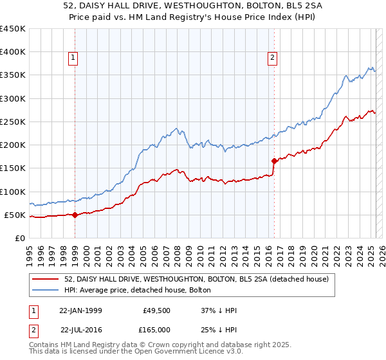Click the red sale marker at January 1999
(x=75, y=215)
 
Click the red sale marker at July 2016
(x=275, y=161)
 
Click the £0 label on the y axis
(x=21, y=238)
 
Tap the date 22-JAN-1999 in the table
(x=80, y=310)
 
